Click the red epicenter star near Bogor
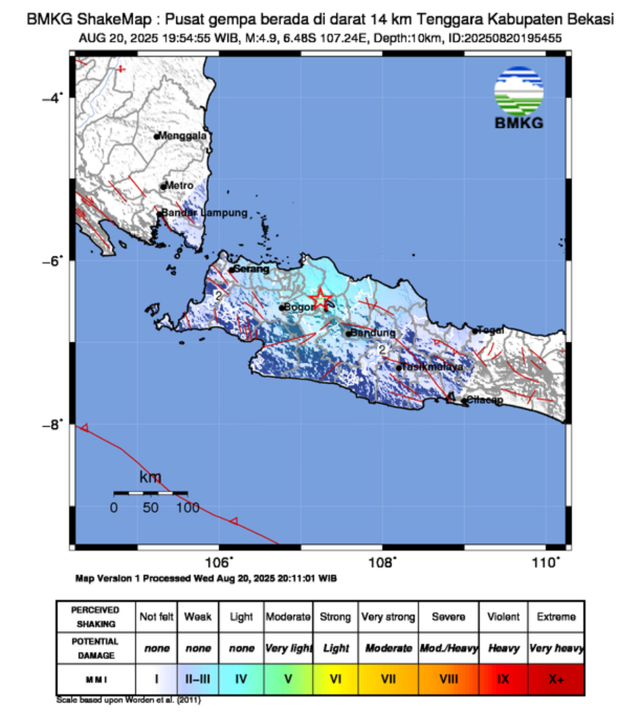(320, 299)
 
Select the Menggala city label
(182, 135)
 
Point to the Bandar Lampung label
(204, 213)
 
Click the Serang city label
(252, 269)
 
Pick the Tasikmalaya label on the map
(432, 367)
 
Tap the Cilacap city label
(484, 400)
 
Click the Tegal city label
(491, 330)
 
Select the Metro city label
(179, 185)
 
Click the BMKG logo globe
(519, 91)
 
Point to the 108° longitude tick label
(382, 563)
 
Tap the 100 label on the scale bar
(187, 508)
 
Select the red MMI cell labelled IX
(503, 679)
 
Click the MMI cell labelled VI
(335, 679)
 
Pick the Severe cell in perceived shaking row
(448, 617)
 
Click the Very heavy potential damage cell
(556, 648)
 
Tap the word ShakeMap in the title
(114, 19)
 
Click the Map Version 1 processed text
(206, 578)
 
